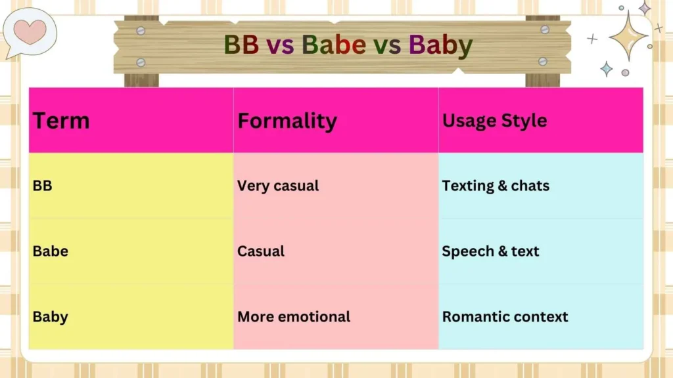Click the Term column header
61,121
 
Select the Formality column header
287,121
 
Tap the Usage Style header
494,121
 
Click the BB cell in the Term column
43,186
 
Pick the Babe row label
51,251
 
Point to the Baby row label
51,317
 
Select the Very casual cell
278,186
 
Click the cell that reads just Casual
261,251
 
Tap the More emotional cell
294,317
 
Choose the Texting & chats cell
496,186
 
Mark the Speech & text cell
490,251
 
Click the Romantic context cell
505,317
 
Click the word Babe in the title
334,45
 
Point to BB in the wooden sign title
241,45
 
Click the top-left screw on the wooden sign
141,30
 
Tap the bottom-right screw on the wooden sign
542,61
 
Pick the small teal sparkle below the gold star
606,69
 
